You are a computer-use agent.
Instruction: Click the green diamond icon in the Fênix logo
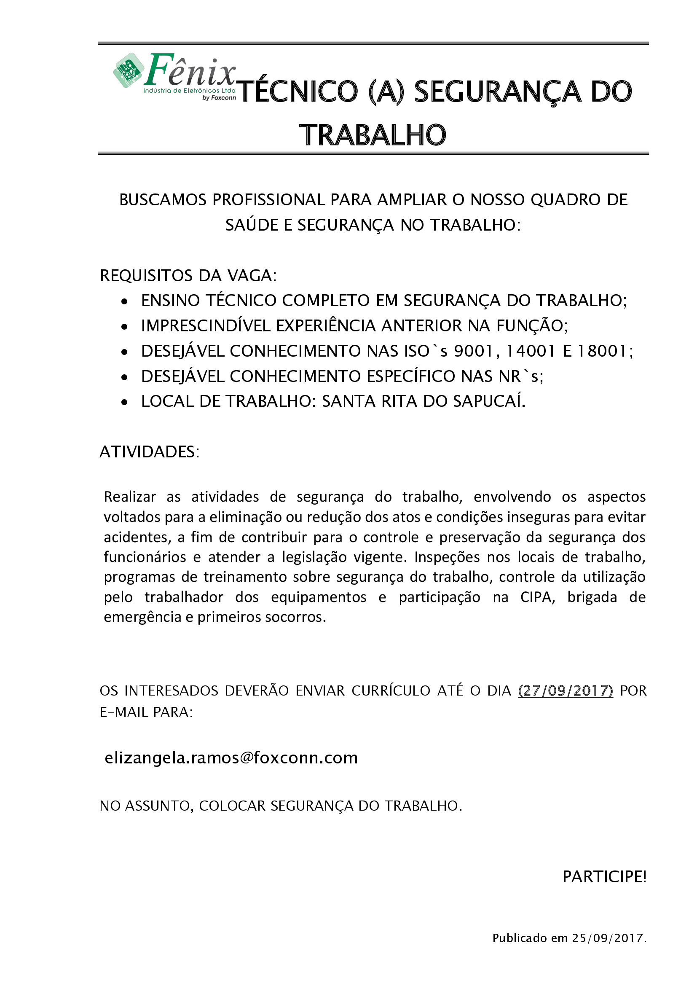tap(129, 70)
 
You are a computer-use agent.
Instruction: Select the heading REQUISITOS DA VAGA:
tap(188, 276)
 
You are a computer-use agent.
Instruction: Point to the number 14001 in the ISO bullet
tap(531, 351)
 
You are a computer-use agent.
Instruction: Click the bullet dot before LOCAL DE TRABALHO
tap(124, 403)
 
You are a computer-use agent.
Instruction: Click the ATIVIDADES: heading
tap(149, 452)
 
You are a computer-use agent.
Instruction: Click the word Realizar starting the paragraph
tap(130, 497)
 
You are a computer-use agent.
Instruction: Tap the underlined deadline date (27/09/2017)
tap(566, 691)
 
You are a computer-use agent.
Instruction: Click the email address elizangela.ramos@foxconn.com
tap(231, 758)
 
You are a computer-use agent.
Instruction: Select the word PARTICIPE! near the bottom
tap(604, 877)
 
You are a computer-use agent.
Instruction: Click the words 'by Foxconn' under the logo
tap(219, 98)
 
